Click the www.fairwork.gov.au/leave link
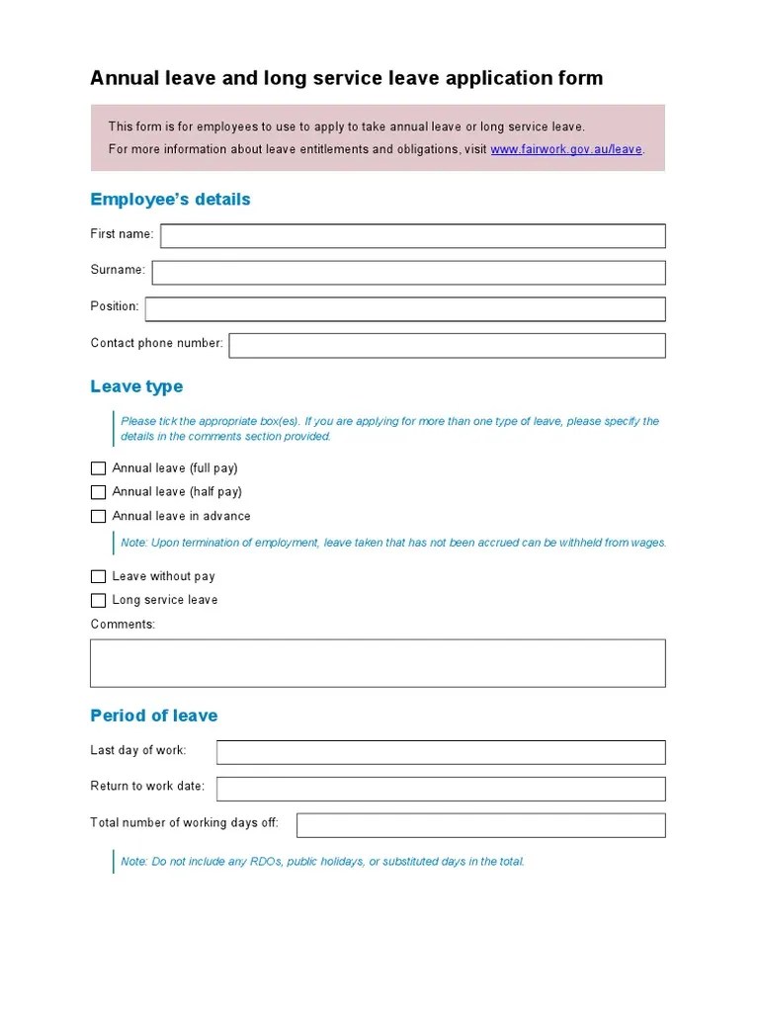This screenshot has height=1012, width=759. [x=566, y=149]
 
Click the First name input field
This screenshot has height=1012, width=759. [x=412, y=235]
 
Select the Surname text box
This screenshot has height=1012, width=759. [x=408, y=272]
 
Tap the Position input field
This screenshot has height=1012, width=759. [x=405, y=308]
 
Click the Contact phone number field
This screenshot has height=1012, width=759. [x=447, y=345]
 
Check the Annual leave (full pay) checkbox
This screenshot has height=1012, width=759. [x=98, y=468]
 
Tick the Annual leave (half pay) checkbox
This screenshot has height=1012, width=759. [x=98, y=492]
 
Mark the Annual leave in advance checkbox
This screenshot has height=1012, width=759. [x=98, y=516]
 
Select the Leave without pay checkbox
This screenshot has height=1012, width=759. [x=98, y=576]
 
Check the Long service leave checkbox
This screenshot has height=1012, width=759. [x=98, y=600]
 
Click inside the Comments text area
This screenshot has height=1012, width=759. [x=378, y=662]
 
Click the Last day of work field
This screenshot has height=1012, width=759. [x=441, y=752]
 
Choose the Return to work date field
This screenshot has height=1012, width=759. [x=441, y=788]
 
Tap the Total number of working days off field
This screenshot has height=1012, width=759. [x=480, y=824]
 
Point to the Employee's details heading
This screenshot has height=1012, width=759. [x=170, y=200]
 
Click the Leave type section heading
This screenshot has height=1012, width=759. [x=136, y=386]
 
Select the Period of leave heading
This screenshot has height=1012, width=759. [x=153, y=716]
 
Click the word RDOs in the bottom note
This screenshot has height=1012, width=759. [x=267, y=862]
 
